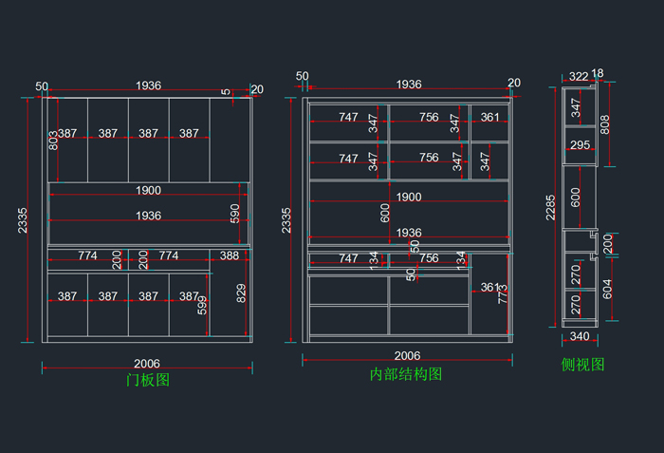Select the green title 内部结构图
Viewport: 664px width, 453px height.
406,374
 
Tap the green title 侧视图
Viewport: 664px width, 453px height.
582,364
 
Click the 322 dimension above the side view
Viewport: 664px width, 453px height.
579,76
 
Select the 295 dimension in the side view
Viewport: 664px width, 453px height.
581,145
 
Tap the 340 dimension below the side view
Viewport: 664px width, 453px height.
579,336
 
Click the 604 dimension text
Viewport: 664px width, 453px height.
607,287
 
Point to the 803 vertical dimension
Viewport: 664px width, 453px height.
54,140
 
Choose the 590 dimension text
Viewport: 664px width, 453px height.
236,214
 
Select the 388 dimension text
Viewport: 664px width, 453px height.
230,255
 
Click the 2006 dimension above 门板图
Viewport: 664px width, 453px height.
147,363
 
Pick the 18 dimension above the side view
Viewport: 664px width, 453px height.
598,73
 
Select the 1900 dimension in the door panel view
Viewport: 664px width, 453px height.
148,190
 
